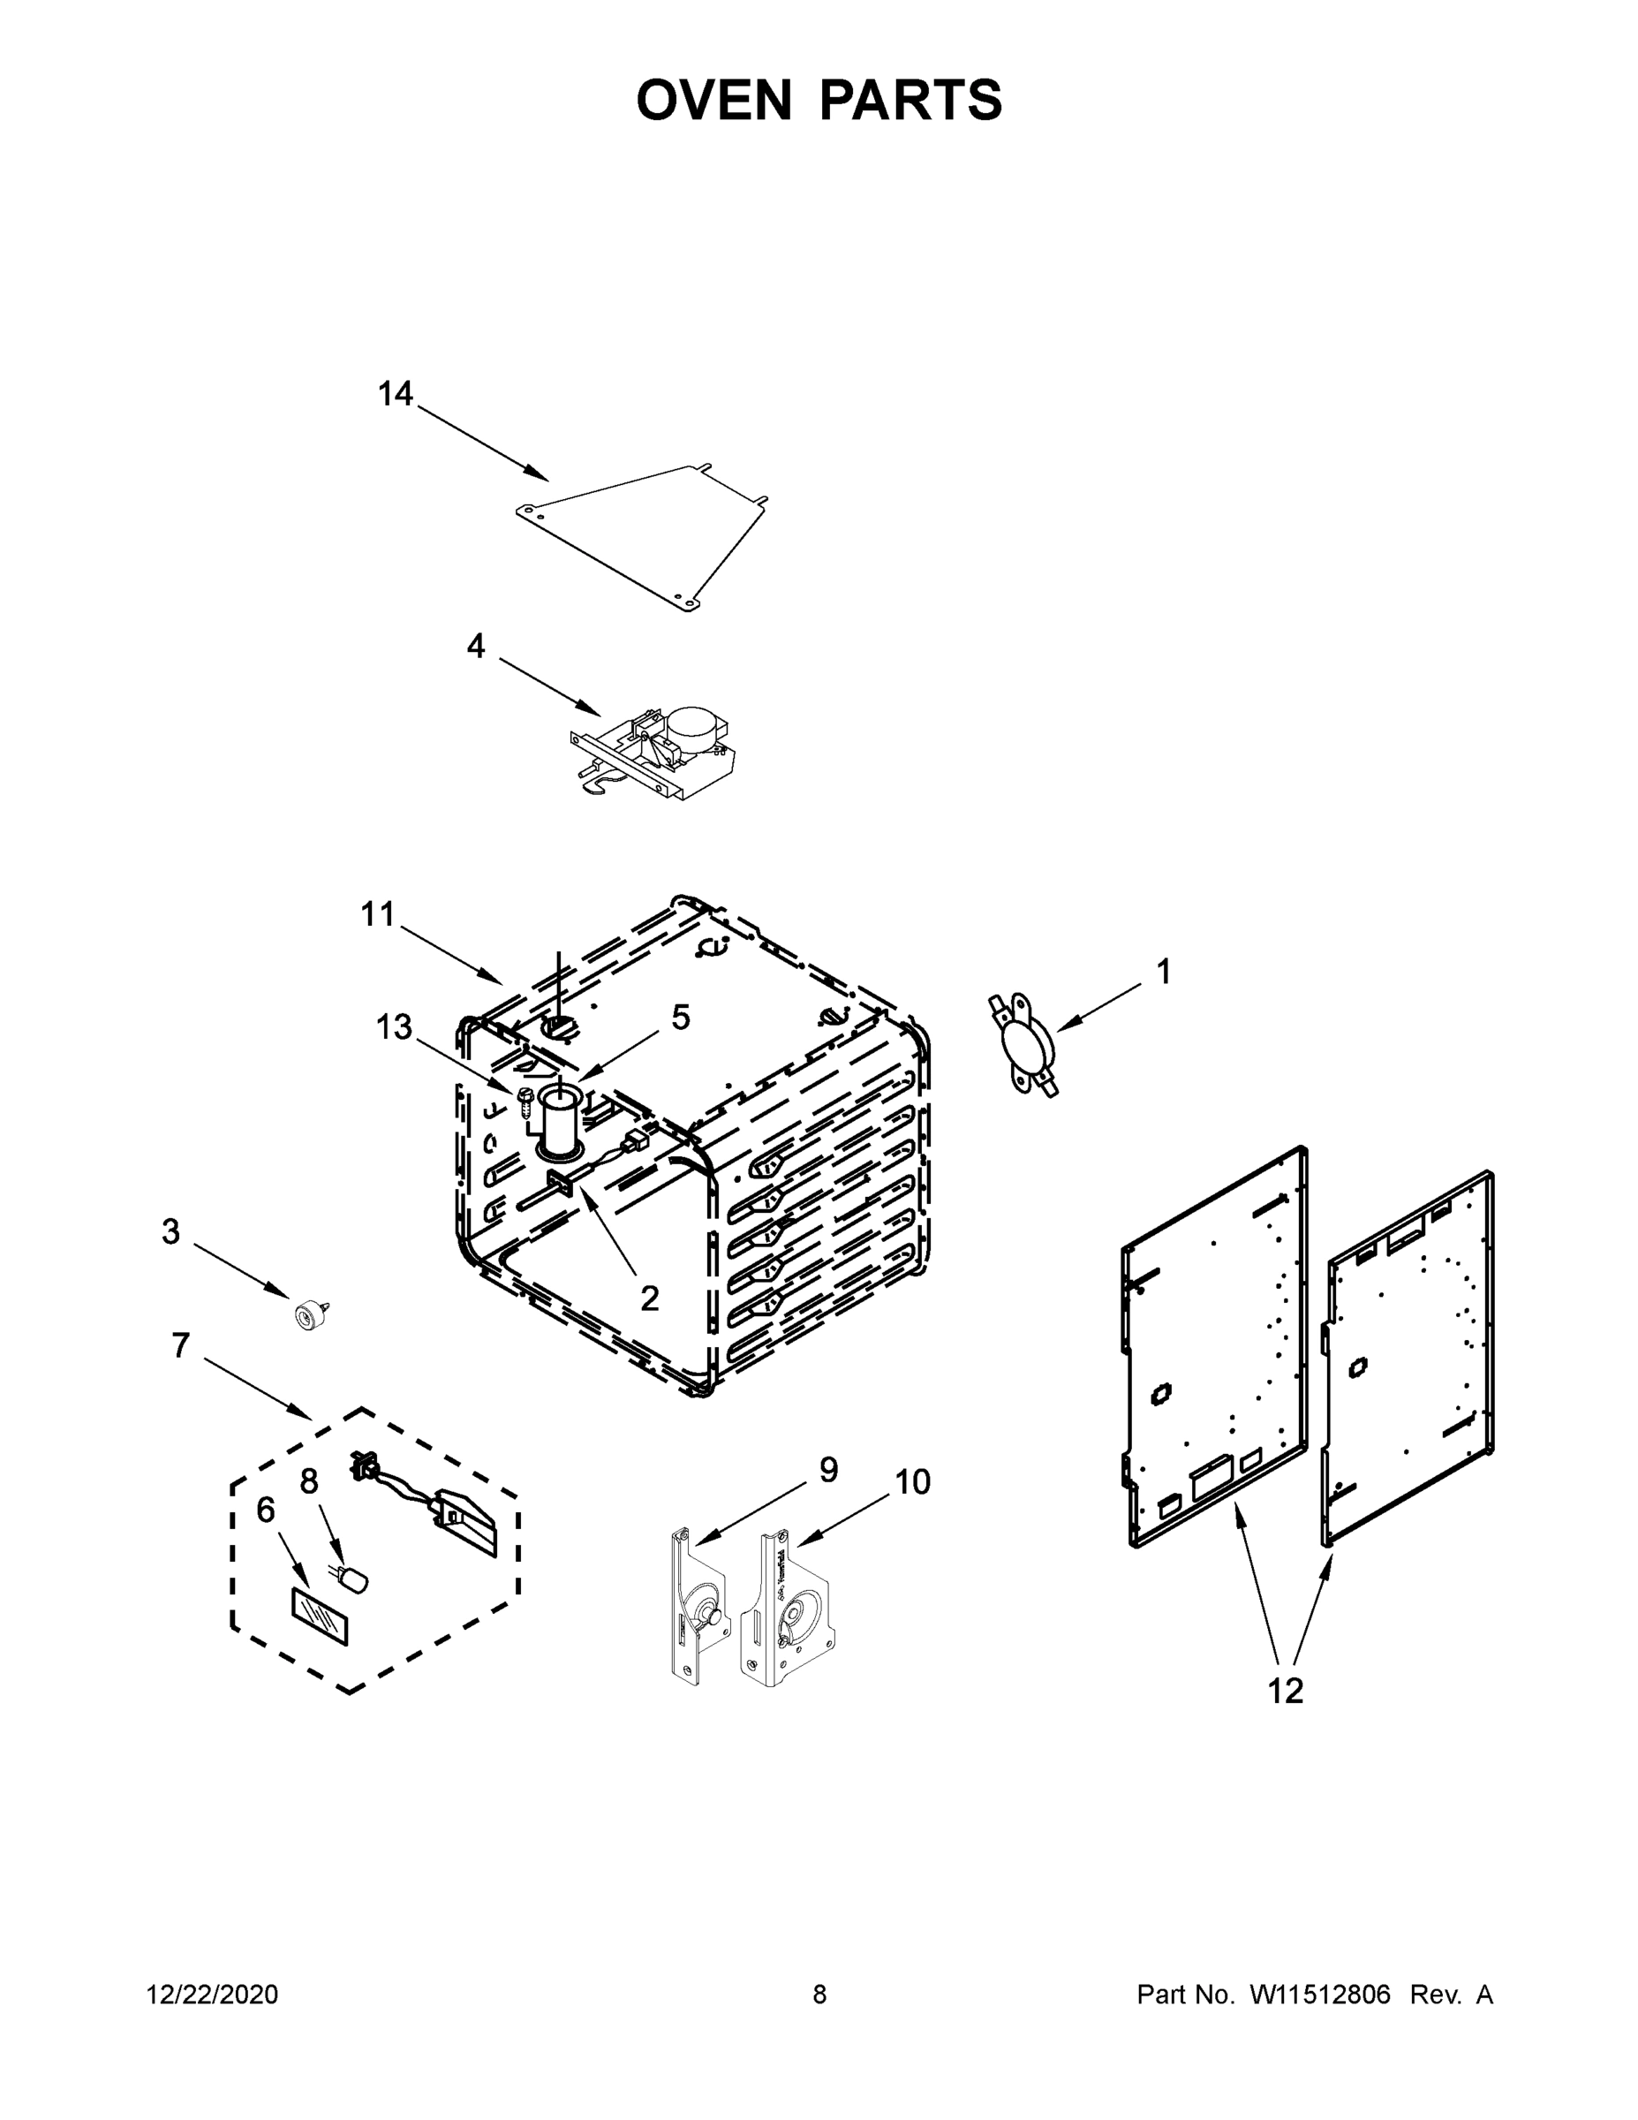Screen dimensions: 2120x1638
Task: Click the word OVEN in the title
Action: [714, 100]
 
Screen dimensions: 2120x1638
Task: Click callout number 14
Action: [395, 394]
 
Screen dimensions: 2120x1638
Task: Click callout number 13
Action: [394, 1027]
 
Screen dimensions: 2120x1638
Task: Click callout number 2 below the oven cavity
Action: [649, 1298]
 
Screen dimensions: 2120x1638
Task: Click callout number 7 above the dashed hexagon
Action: [180, 1346]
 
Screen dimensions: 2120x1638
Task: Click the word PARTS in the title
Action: [910, 100]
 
